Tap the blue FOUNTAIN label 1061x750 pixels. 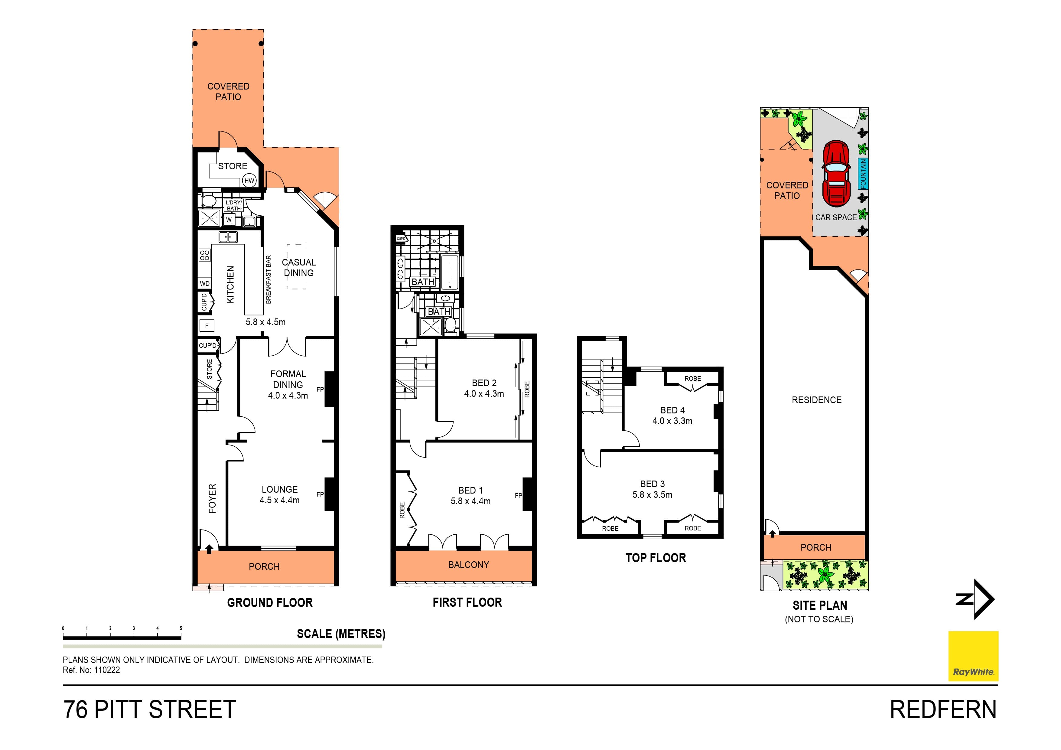863,174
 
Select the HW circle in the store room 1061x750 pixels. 249,181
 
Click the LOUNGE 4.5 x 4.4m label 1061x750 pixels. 280,494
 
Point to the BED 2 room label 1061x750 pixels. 484,388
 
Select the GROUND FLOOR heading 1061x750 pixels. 270,603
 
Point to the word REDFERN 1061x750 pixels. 943,710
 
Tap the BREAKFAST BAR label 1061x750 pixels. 269,279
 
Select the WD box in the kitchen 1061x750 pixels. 205,284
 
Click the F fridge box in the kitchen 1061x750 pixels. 207,326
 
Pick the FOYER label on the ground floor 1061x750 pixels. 212,499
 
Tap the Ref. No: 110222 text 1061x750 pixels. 92,670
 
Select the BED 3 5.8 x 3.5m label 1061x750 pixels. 652,489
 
